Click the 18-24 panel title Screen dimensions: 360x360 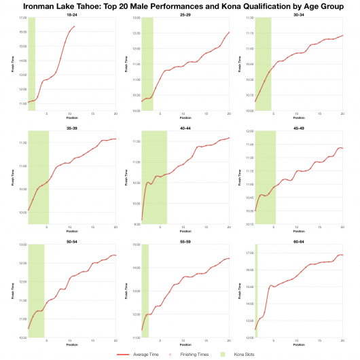tap(71, 14)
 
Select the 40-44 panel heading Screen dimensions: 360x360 tap(185, 127)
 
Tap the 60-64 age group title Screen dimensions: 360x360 tap(299, 240)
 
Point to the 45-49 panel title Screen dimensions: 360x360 tap(299, 127)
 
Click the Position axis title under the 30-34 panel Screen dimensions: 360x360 tap(299, 117)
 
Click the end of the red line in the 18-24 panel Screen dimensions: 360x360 tap(75, 26)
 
